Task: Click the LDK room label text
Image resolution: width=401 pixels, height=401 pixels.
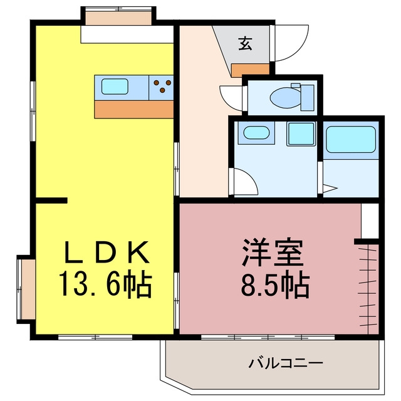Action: tap(107, 252)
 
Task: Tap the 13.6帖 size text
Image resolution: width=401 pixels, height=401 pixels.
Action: tap(106, 283)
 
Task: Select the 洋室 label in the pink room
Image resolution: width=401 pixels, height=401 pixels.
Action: tap(273, 253)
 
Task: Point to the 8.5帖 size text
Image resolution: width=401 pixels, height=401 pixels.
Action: tap(275, 284)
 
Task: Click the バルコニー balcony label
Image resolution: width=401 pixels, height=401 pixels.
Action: tap(286, 363)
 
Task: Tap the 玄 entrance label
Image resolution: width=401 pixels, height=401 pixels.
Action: tap(245, 43)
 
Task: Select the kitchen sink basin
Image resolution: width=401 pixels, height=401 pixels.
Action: tap(115, 86)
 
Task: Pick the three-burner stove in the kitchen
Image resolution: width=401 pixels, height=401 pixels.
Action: tap(161, 88)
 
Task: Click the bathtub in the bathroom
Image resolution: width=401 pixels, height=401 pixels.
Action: tap(351, 140)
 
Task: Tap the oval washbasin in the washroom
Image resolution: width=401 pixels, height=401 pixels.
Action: tap(256, 133)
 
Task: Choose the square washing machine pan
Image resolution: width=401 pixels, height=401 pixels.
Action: tap(301, 134)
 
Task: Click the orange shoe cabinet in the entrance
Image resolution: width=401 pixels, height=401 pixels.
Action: tap(251, 70)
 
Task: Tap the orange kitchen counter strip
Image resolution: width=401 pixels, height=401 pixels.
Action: tap(133, 109)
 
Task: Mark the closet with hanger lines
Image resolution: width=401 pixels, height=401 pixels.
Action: tap(368, 289)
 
